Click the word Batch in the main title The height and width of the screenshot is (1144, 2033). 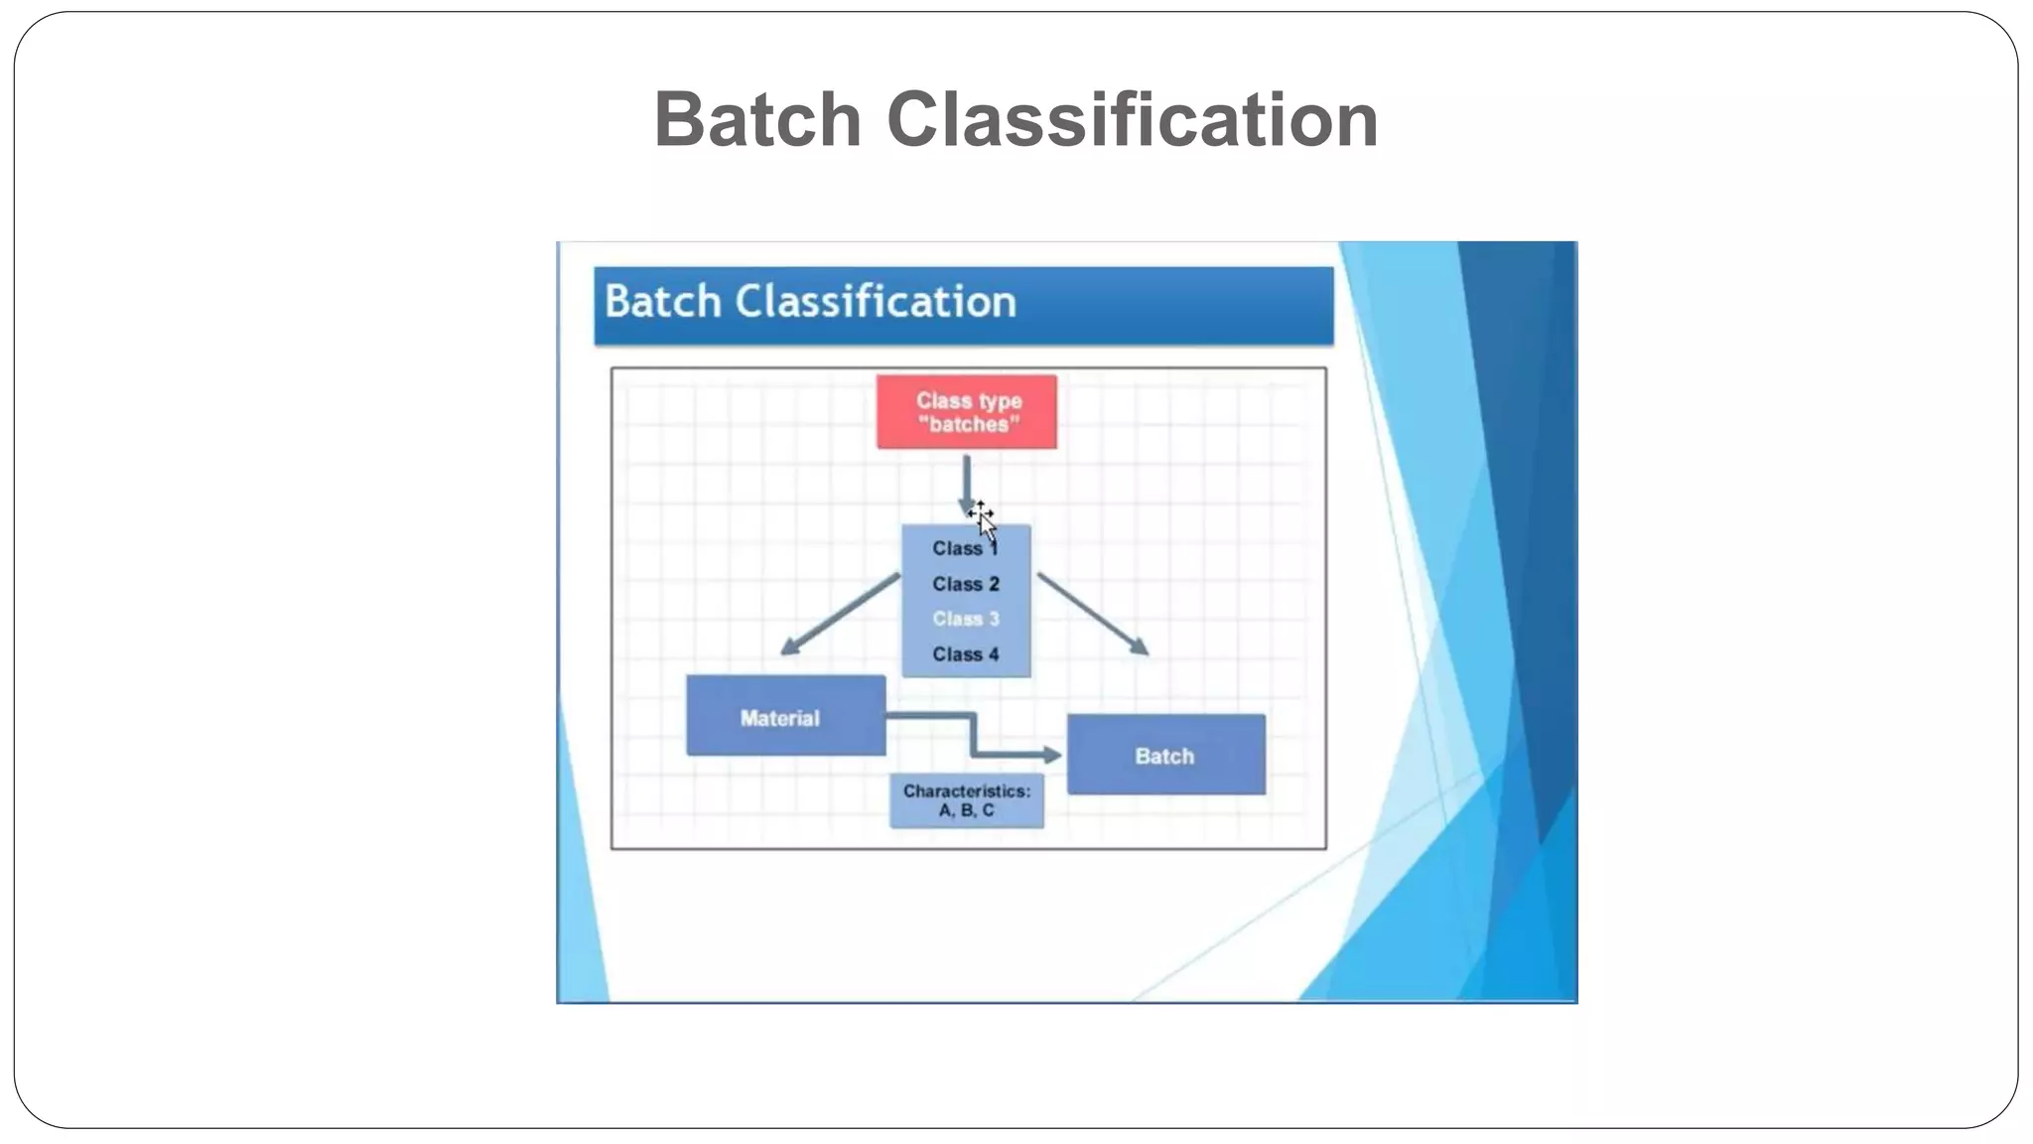point(756,120)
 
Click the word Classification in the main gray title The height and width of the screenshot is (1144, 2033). point(1132,120)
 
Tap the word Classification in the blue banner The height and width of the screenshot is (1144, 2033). point(876,302)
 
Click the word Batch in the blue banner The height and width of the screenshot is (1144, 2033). point(662,302)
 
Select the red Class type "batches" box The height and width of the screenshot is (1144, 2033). point(966,412)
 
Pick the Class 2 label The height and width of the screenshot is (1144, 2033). point(965,585)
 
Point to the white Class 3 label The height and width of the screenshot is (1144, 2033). point(965,620)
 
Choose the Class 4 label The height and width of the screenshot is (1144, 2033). point(965,655)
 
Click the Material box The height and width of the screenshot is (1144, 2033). point(785,716)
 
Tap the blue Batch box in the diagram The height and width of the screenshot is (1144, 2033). point(1165,755)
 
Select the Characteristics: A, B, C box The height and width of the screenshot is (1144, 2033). point(966,801)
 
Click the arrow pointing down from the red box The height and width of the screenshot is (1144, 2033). point(966,482)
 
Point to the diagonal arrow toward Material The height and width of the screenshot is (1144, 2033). point(840,614)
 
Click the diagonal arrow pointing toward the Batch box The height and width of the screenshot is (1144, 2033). point(1093,614)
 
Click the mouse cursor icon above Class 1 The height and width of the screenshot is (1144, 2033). point(983,519)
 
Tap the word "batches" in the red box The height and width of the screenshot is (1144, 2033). point(969,425)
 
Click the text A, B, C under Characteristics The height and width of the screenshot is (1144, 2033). point(966,811)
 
